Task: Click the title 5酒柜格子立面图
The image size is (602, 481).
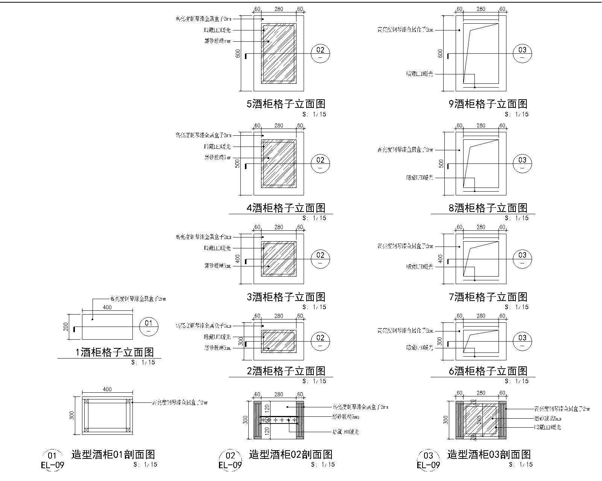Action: [286, 104]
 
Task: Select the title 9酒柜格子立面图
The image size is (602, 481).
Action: [488, 104]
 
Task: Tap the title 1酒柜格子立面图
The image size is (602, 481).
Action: [115, 352]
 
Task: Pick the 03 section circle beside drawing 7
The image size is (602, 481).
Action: [522, 259]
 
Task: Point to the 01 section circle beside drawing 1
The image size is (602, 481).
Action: [149, 326]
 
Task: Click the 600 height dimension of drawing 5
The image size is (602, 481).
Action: [238, 53]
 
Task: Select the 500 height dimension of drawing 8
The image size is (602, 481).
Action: [441, 163]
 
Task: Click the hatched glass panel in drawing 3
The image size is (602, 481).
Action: [279, 259]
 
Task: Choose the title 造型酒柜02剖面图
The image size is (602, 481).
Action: [290, 455]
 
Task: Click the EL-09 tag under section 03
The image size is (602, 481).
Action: [428, 466]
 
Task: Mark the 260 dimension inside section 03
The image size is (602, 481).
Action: [479, 419]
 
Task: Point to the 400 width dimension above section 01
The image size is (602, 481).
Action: [107, 389]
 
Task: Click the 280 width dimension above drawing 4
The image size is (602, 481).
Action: [278, 126]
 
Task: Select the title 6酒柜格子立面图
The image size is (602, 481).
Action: [488, 371]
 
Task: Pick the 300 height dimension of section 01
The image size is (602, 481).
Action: [72, 415]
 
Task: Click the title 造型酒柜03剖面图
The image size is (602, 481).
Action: [489, 455]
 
